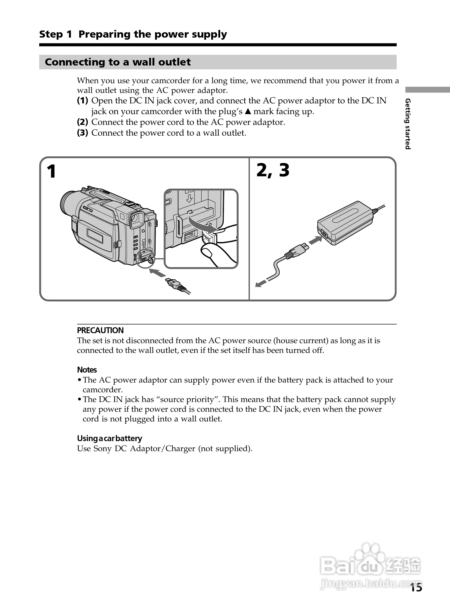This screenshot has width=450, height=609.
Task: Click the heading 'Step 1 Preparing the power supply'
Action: [x=133, y=34]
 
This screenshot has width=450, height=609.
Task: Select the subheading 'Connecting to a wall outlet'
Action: [x=118, y=62]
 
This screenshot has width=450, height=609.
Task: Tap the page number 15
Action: [x=416, y=588]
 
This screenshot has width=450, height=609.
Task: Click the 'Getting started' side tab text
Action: [x=408, y=124]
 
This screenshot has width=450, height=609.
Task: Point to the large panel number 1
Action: [x=51, y=171]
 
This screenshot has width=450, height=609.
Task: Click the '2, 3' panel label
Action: [x=273, y=170]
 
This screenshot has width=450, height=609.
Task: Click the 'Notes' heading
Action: [x=87, y=370]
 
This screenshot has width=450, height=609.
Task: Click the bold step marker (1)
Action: [x=83, y=101]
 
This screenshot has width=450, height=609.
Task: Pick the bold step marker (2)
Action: [x=83, y=122]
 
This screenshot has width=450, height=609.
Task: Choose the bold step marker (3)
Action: [x=83, y=133]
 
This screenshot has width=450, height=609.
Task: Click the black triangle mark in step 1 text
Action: [x=248, y=112]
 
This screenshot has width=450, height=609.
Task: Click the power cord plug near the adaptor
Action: [x=297, y=251]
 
